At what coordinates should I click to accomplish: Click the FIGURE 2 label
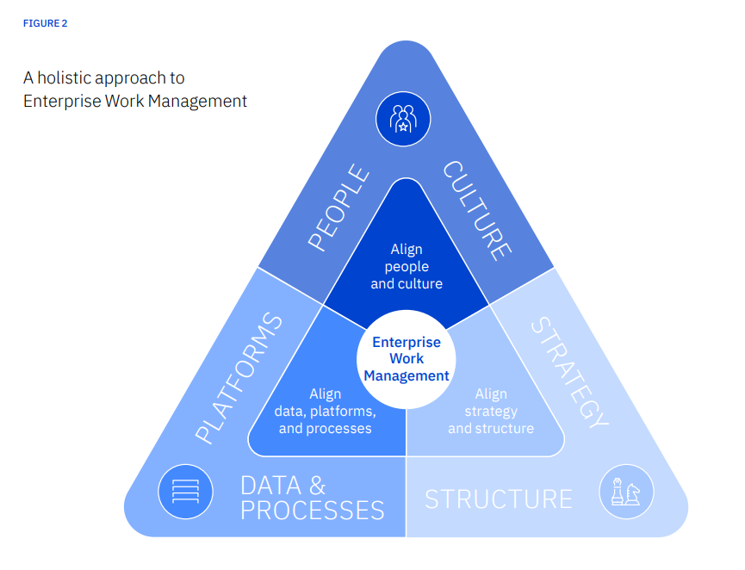tap(45, 23)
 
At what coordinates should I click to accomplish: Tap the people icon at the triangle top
tap(403, 118)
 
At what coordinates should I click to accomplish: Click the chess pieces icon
tap(626, 492)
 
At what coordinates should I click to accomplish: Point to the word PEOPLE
tap(338, 208)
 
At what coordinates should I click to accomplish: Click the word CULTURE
tap(476, 210)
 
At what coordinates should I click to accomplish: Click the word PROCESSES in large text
tap(312, 510)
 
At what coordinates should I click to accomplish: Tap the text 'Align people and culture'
tap(407, 266)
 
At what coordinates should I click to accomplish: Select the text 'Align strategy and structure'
tap(491, 411)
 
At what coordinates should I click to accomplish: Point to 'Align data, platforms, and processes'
tap(324, 411)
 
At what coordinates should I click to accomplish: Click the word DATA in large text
tap(270, 485)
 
